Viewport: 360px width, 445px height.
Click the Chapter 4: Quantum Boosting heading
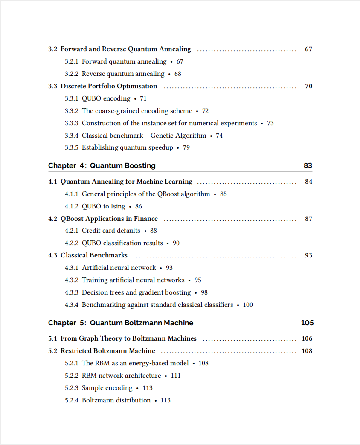102,165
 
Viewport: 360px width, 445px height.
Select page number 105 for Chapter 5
307,323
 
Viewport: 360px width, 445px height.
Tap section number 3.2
52,49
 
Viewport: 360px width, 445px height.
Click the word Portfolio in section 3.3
107,86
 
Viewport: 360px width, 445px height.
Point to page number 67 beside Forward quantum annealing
180,61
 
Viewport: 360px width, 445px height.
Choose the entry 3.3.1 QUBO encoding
106,98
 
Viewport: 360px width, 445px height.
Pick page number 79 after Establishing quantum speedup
186,147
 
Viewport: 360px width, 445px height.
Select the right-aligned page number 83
308,165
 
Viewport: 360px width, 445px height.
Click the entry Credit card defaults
111,231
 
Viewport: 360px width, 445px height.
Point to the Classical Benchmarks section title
94,255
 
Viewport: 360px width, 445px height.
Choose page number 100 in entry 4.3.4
248,305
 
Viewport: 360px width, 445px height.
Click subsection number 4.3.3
72,292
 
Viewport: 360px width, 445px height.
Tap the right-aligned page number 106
307,338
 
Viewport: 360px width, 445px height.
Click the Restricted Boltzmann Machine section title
107,351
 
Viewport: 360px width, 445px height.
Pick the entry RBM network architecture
121,376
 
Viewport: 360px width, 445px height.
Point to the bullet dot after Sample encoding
137,388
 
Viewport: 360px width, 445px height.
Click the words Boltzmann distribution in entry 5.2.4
116,400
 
